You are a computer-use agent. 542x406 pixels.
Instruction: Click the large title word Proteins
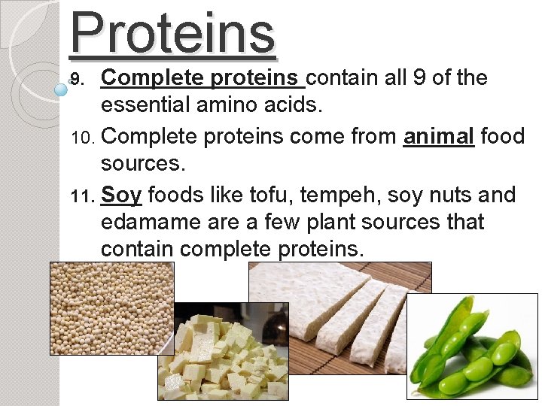click(x=172, y=34)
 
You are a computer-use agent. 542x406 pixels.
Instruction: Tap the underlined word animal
click(x=439, y=137)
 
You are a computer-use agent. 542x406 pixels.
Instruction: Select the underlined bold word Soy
click(x=121, y=195)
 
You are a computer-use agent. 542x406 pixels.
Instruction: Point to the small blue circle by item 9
click(x=62, y=89)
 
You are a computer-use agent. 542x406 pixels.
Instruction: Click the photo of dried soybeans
click(x=111, y=308)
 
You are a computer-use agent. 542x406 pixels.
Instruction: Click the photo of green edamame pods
click(x=472, y=346)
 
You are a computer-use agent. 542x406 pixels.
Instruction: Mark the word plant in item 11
click(x=351, y=223)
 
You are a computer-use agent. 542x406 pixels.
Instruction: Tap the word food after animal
click(x=502, y=137)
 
